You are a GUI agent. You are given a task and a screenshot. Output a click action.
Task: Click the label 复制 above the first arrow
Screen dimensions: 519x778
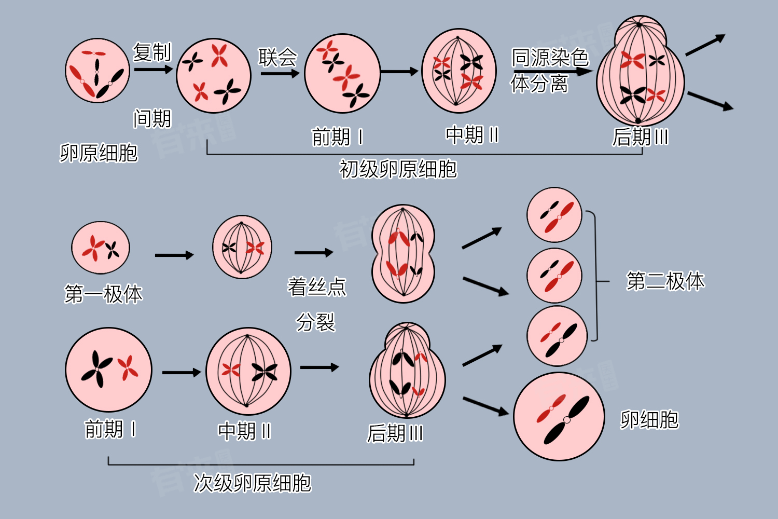(x=152, y=52)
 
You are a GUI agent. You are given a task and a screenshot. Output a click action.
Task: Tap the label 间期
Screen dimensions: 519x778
(x=152, y=119)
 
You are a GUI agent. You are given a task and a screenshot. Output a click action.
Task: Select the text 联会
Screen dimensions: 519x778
(x=278, y=57)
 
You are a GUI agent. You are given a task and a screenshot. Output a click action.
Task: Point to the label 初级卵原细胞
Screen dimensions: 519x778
(x=398, y=169)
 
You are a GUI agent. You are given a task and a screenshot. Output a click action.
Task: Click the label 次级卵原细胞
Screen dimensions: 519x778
(x=252, y=483)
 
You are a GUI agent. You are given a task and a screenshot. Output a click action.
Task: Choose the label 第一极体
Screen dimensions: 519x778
(x=103, y=294)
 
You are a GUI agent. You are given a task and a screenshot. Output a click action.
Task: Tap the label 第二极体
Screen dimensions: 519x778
(x=665, y=281)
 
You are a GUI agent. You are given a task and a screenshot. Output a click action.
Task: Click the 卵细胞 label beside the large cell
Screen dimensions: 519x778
(x=649, y=420)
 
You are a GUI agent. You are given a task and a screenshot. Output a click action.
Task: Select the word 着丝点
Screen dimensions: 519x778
(x=317, y=286)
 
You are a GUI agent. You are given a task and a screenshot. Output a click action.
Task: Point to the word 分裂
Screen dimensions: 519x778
(x=316, y=322)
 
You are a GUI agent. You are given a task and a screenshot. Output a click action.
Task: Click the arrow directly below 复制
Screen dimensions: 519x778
(x=152, y=69)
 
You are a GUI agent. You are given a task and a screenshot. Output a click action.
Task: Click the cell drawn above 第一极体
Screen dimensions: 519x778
(x=101, y=248)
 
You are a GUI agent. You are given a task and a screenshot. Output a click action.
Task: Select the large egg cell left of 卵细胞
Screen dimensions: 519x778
(x=559, y=416)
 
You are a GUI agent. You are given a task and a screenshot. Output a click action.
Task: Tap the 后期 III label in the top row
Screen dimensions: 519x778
(x=640, y=137)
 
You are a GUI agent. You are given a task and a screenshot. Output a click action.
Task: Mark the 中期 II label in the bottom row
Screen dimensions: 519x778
(x=244, y=431)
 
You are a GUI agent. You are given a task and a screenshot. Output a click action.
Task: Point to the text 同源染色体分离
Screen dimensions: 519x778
(x=549, y=70)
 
